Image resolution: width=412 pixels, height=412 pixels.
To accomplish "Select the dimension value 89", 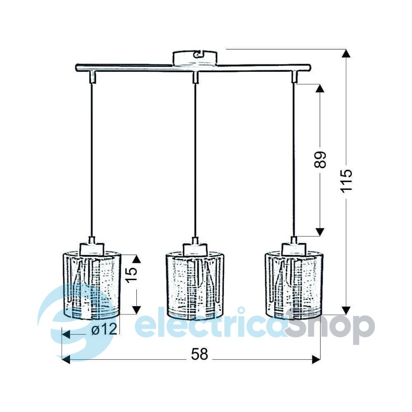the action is click(320, 160).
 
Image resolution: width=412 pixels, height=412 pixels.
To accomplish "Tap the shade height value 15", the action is click(132, 274).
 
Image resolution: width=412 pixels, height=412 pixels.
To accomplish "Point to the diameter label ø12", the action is click(104, 329).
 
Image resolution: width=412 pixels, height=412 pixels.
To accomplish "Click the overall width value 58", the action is click(199, 354).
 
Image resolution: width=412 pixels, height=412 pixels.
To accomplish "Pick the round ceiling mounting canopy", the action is click(195, 58).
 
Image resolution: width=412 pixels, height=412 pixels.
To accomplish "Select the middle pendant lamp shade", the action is click(195, 286).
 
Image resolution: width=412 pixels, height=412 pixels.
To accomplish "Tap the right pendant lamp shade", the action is click(294, 286).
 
